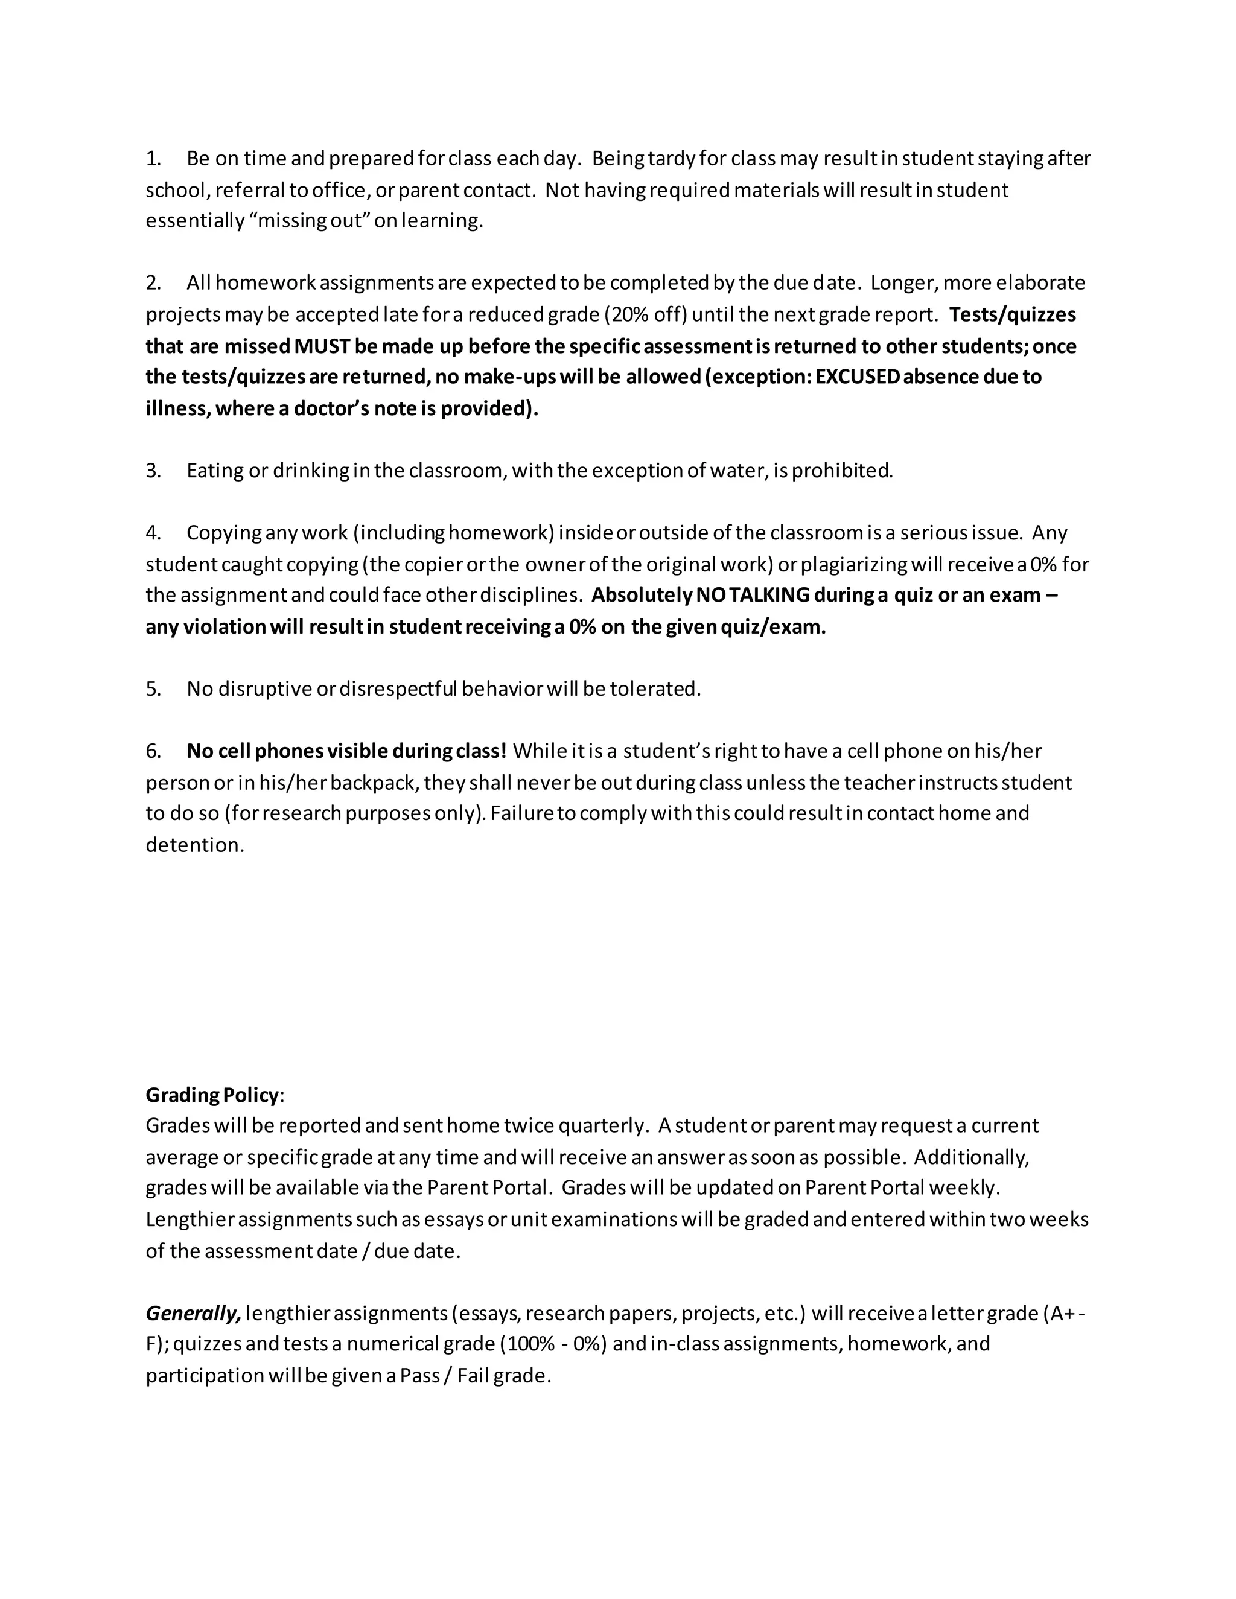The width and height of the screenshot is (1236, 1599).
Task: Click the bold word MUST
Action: click(x=322, y=346)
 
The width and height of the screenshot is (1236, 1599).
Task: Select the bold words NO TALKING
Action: click(x=753, y=594)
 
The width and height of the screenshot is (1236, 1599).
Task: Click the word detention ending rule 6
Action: click(x=194, y=845)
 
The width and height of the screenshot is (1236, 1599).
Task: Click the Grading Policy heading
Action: click(x=212, y=1095)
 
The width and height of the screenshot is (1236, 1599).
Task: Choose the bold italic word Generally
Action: click(x=193, y=1314)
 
